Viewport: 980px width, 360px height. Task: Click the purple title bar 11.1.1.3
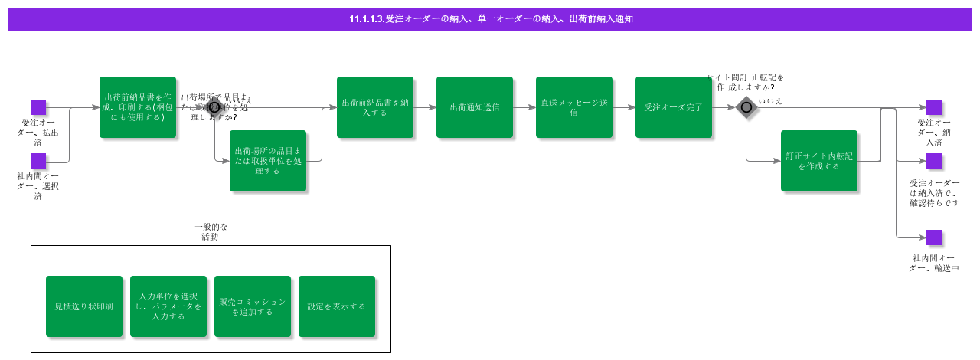[490, 19]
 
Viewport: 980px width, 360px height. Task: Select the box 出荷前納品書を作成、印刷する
[138, 107]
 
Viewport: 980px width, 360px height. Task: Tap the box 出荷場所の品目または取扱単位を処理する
[268, 161]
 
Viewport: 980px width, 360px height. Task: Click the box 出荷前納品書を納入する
[375, 107]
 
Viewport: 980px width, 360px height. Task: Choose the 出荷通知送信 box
[475, 107]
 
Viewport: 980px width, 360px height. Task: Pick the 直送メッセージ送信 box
[574, 107]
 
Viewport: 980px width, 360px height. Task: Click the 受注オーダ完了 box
[674, 107]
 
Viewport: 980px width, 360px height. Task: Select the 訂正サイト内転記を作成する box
[819, 161]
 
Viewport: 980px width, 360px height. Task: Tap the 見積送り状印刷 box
[84, 306]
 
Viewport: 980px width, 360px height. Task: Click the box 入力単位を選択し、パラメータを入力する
[168, 306]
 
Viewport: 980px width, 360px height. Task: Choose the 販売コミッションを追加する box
[253, 306]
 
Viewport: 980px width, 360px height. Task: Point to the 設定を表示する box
[337, 306]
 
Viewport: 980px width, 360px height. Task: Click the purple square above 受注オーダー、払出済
[38, 107]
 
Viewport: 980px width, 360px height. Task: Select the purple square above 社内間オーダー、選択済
[38, 161]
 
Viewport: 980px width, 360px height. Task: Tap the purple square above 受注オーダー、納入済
[934, 107]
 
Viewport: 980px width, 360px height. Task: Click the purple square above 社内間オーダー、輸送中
[934, 237]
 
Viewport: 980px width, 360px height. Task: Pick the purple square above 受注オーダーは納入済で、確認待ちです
[934, 161]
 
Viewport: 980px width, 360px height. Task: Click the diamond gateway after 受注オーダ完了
[746, 107]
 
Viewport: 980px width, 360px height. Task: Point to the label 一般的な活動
[211, 232]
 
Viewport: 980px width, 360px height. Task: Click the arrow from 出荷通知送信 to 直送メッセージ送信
[524, 107]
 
